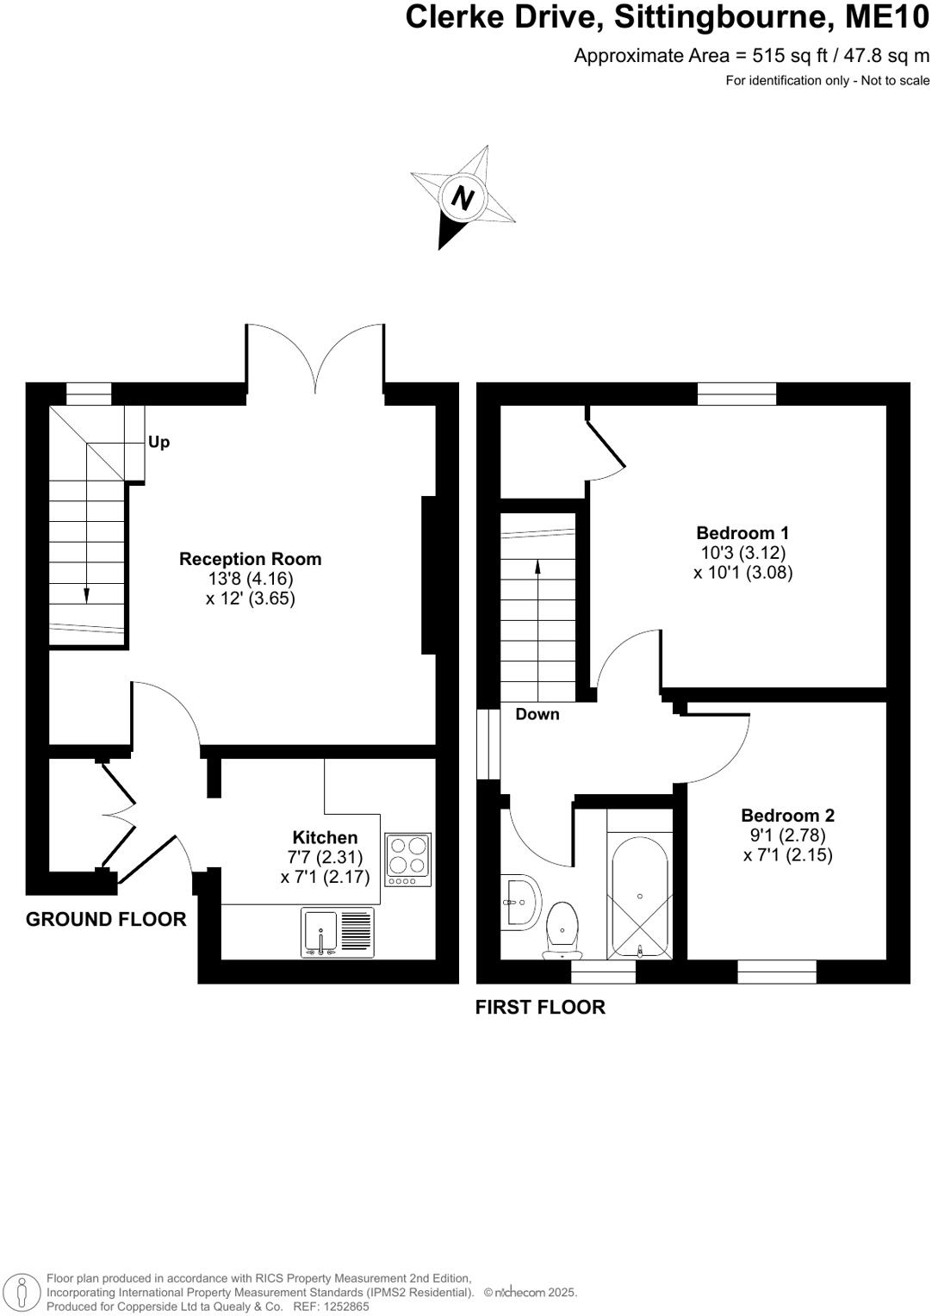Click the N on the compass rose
point(463,199)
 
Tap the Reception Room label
point(250,559)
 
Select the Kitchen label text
point(325,837)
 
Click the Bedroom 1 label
point(742,533)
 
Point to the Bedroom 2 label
point(787,816)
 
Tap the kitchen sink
point(320,932)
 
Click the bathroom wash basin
point(520,903)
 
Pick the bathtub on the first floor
point(639,896)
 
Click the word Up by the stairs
point(159,443)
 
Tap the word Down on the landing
point(537,714)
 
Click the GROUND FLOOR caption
point(106,920)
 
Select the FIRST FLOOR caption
point(540,1008)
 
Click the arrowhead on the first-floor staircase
point(538,566)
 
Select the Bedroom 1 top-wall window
point(736,394)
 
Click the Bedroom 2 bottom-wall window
point(777,971)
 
